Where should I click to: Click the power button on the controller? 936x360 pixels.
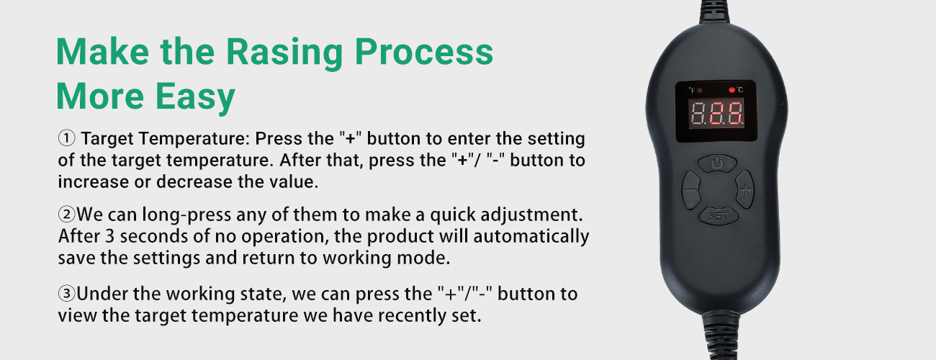(717, 163)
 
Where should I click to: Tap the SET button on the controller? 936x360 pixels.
(719, 216)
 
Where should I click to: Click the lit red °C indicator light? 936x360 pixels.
(732, 90)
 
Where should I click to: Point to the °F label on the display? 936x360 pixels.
(692, 90)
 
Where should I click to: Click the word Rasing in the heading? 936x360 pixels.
(284, 53)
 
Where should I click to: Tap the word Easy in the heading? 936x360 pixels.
(196, 97)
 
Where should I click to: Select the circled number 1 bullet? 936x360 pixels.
(66, 138)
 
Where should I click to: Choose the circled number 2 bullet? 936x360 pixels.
(66, 215)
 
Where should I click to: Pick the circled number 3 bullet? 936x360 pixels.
(66, 294)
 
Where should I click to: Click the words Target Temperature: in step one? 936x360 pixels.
(165, 139)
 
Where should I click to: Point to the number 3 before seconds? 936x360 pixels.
(109, 236)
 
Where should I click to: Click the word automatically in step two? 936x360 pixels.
(531, 237)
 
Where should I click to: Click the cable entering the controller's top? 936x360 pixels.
(714, 12)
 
